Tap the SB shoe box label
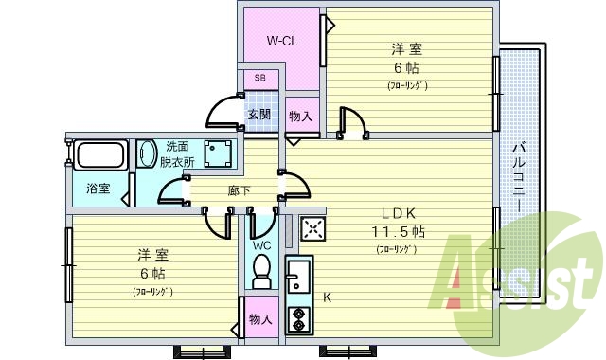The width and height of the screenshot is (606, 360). click(x=259, y=78)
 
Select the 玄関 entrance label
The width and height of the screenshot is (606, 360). click(x=259, y=115)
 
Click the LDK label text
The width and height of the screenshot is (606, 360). click(x=399, y=211)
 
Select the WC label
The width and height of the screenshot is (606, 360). click(x=261, y=244)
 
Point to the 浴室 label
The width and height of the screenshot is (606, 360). click(x=98, y=188)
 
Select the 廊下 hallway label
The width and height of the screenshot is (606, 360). click(x=240, y=190)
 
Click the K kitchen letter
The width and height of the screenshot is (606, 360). click(x=328, y=297)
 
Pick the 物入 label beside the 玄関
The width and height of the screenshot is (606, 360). click(x=301, y=117)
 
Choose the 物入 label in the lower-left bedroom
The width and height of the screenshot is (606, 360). click(x=259, y=319)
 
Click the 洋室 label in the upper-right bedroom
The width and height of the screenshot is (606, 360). click(x=407, y=48)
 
